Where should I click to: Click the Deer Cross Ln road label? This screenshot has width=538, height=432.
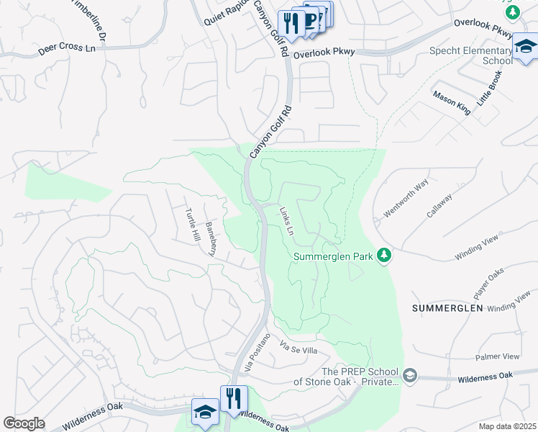pyautogui.click(x=67, y=49)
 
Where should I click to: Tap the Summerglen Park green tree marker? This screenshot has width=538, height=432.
pyautogui.click(x=385, y=256)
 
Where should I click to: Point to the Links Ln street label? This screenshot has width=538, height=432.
pyautogui.click(x=286, y=222)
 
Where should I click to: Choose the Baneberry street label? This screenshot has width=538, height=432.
pyautogui.click(x=211, y=239)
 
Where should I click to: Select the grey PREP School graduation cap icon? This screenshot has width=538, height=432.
pyautogui.click(x=409, y=375)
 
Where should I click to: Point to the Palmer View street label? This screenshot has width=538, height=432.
pyautogui.click(x=498, y=357)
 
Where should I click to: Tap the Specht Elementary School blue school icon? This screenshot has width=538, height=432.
pyautogui.click(x=525, y=47)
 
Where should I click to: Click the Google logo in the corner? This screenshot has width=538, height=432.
pyautogui.click(x=24, y=423)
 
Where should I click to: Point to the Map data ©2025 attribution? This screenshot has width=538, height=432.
pyautogui.click(x=507, y=426)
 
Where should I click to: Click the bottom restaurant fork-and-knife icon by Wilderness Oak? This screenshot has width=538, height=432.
pyautogui.click(x=233, y=398)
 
